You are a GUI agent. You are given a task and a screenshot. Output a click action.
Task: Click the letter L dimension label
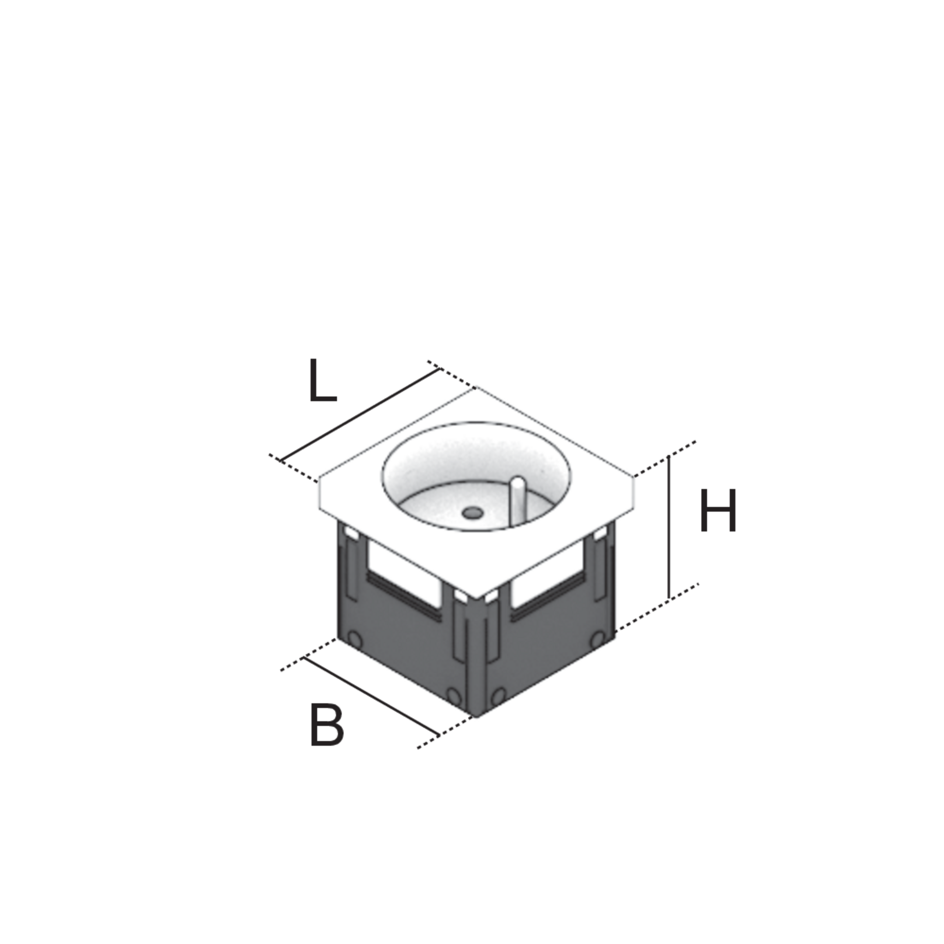pos(323,382)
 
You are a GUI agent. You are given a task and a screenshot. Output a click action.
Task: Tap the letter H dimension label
pos(718,511)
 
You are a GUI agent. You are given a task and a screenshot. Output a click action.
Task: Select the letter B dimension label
pos(326,725)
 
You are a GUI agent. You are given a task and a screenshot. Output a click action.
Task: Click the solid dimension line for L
pos(361,414)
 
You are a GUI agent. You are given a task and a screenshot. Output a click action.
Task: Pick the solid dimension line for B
pos(371,696)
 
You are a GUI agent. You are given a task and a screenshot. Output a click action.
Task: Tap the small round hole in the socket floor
pos(472,513)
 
